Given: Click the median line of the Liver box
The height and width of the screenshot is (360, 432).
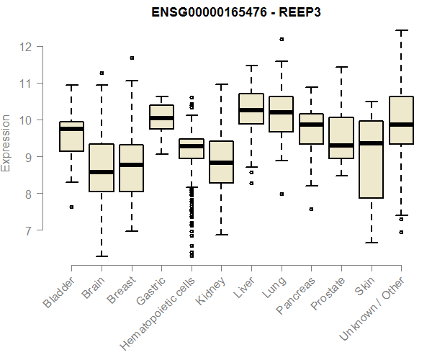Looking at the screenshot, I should pyautogui.click(x=251, y=110).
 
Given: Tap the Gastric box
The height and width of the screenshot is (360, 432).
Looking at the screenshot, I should pyautogui.click(x=161, y=117).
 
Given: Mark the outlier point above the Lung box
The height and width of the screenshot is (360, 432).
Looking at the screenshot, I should pyautogui.click(x=282, y=39).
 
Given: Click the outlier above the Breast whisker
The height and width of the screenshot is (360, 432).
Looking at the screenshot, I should pyautogui.click(x=131, y=58).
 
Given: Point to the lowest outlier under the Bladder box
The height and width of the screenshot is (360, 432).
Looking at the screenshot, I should pyautogui.click(x=71, y=207).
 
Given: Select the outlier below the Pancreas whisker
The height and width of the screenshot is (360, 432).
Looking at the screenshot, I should pyautogui.click(x=311, y=209).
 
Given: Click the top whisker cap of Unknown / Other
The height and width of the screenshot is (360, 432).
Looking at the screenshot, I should pyautogui.click(x=401, y=30).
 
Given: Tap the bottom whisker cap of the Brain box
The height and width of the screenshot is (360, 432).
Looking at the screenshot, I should pyautogui.click(x=102, y=256).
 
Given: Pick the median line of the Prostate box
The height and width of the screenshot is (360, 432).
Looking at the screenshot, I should pyautogui.click(x=341, y=145).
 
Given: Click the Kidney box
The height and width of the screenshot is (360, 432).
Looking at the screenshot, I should pyautogui.click(x=221, y=162).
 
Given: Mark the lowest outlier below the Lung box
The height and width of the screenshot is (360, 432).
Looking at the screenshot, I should pyautogui.click(x=282, y=194).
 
